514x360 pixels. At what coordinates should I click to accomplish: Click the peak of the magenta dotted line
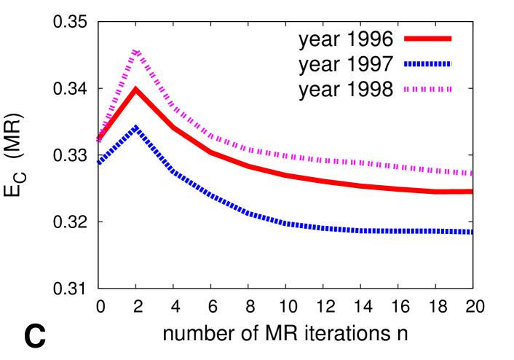click(136, 52)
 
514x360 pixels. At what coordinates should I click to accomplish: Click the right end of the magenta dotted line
click(471, 173)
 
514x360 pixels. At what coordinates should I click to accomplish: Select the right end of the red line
click(471, 192)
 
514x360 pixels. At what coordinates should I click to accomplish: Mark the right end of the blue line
click(471, 231)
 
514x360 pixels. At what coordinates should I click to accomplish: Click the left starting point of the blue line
click(100, 163)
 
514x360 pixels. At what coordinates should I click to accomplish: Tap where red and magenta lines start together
click(100, 138)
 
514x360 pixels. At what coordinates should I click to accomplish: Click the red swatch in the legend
click(427, 39)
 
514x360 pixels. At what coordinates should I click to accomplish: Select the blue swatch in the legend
click(427, 64)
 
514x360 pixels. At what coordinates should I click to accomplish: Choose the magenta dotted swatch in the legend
click(427, 89)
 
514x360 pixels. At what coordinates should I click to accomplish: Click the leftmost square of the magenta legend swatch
click(406, 89)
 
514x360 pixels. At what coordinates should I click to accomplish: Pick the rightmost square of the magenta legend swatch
click(449, 89)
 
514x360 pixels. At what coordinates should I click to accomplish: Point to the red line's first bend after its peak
click(173, 127)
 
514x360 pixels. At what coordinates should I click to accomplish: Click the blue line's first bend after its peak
click(173, 171)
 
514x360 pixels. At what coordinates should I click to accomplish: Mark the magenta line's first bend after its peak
click(173, 107)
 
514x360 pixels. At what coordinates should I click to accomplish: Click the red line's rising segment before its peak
click(118, 114)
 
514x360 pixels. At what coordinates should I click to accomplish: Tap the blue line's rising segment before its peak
click(118, 146)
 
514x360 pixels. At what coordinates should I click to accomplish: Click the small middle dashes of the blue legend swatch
click(428, 64)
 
